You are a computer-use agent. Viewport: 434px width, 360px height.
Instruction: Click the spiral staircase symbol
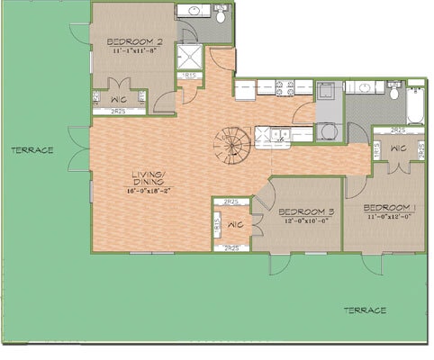(233, 145)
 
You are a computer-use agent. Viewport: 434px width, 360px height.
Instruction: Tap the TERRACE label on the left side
(32, 150)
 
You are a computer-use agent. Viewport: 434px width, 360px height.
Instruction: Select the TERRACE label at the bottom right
(365, 310)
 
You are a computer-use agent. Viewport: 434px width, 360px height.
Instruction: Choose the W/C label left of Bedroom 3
(236, 224)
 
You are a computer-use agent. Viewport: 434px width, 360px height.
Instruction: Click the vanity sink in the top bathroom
(192, 13)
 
